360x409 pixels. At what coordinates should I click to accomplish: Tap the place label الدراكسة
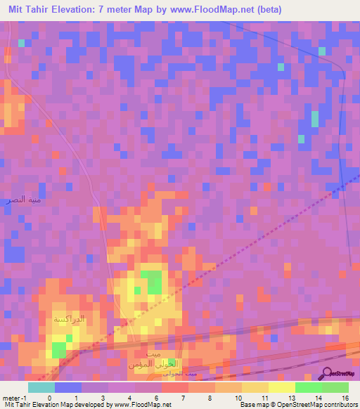(x=68, y=319)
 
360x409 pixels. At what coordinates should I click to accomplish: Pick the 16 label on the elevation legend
(x=345, y=396)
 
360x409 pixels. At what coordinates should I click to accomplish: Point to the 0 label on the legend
(x=49, y=396)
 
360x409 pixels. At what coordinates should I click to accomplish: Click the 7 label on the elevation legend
(x=182, y=396)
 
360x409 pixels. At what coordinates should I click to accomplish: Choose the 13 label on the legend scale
(x=290, y=396)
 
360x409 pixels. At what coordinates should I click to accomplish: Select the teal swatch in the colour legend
(x=41, y=387)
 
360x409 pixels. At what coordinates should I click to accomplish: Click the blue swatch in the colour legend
(x=67, y=387)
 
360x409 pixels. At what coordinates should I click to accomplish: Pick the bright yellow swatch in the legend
(x=281, y=387)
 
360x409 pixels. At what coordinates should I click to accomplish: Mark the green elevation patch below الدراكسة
(x=58, y=349)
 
